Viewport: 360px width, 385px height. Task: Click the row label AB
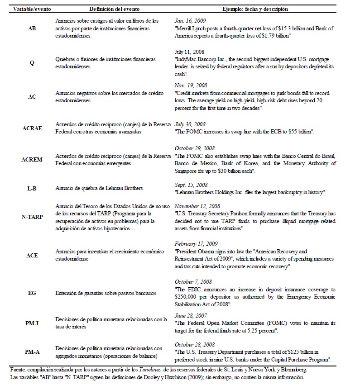[x=33, y=28]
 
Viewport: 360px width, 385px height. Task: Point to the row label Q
[x=32, y=63]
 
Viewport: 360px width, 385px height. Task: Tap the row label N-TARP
[x=32, y=217]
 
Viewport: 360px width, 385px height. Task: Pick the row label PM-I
[x=32, y=323]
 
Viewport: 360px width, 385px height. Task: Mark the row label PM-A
[x=32, y=351]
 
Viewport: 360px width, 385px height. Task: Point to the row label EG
[x=32, y=293]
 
